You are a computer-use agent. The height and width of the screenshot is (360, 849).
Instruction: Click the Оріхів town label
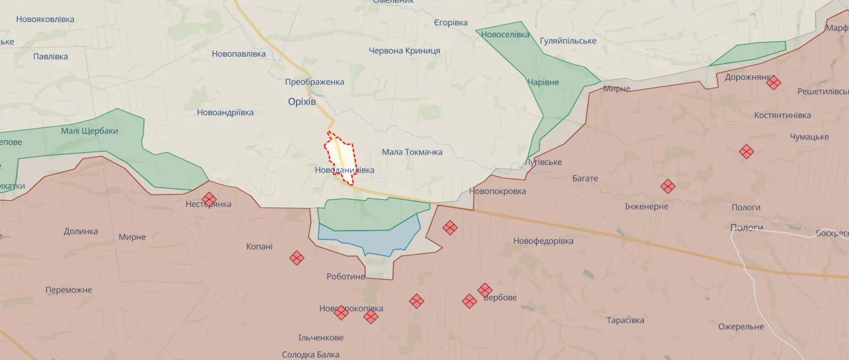[x=302, y=102]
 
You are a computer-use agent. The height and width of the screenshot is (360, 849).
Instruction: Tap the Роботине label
[x=345, y=276]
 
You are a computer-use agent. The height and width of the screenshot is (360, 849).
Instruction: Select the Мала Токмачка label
[x=412, y=152]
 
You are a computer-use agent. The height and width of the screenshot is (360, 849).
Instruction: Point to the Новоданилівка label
[x=344, y=170]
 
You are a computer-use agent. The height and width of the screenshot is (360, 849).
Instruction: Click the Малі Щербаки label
[x=89, y=131]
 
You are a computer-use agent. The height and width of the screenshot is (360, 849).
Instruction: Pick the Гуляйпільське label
[x=568, y=41]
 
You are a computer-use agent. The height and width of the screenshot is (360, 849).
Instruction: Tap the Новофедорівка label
[x=543, y=241]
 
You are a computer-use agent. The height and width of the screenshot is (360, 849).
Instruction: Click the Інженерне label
[x=646, y=206]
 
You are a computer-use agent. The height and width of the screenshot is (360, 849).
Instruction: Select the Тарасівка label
[x=625, y=320]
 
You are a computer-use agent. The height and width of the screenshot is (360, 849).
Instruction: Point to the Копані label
[x=259, y=247]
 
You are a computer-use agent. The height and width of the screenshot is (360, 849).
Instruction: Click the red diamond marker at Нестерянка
[x=209, y=199]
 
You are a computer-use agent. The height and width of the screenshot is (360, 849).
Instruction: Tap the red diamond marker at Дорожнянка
[x=773, y=83]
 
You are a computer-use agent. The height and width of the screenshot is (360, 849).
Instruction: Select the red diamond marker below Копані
[x=296, y=258]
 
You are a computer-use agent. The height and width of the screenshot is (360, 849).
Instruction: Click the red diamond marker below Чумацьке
[x=746, y=152]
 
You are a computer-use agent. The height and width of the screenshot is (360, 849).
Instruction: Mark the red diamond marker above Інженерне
[x=668, y=186]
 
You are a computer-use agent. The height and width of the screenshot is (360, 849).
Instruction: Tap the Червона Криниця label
[x=404, y=51]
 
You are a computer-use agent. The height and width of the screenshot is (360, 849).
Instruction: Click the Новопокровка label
[x=497, y=191]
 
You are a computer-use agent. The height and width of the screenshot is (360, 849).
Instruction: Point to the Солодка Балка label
[x=310, y=355]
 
